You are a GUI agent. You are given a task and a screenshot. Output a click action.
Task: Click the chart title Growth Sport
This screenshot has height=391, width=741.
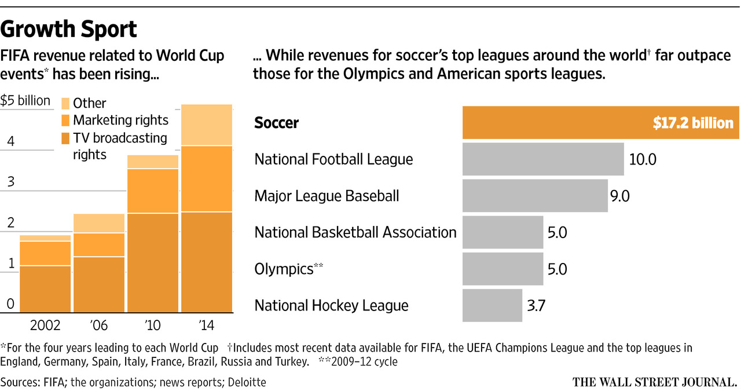tap(69, 28)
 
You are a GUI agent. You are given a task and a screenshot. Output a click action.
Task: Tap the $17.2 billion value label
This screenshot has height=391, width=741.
tap(693, 123)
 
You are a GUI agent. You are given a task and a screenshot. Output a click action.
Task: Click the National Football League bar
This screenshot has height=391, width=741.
tap(543, 159)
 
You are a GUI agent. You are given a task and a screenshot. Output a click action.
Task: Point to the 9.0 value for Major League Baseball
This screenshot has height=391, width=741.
tap(619, 196)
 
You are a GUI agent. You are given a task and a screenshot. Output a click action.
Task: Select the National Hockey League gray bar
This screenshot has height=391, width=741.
tap(492, 305)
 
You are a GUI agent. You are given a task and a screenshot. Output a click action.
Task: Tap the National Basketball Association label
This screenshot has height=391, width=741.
tap(355, 232)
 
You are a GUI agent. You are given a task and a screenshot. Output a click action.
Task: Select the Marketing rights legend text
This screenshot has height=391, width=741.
tap(120, 120)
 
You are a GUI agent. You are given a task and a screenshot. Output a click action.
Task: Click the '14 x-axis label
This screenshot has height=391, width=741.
tap(206, 326)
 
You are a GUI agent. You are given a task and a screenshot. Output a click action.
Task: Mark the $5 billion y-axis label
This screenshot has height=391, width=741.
tap(25, 101)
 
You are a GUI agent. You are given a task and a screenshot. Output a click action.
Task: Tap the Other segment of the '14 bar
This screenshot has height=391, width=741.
tap(207, 125)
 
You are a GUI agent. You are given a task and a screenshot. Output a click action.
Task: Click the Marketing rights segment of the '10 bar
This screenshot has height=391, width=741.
tap(153, 191)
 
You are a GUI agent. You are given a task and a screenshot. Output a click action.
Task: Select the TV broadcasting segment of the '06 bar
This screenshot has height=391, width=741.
tap(99, 284)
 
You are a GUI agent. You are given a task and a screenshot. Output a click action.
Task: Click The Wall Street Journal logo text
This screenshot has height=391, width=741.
tap(654, 382)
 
